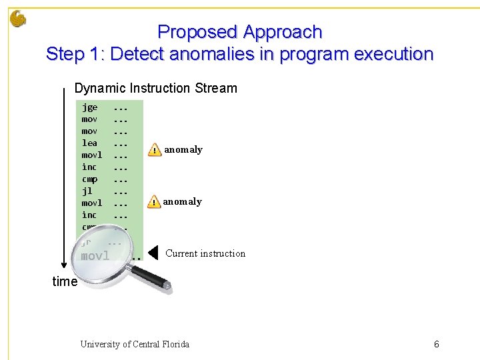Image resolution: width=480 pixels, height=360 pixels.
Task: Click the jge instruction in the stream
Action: click(89, 107)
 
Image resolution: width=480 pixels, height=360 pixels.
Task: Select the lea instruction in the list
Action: click(89, 143)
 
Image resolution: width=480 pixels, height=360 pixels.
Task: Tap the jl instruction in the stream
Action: click(87, 191)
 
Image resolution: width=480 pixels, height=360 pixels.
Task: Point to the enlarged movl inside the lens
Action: click(95, 256)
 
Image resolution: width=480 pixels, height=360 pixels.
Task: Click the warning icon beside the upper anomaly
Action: click(154, 150)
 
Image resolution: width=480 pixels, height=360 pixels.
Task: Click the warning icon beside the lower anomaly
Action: click(154, 202)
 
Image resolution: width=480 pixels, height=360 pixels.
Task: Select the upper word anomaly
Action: click(183, 150)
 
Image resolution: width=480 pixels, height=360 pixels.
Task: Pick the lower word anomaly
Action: click(182, 202)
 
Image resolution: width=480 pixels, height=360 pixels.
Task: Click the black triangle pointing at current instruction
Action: click(153, 253)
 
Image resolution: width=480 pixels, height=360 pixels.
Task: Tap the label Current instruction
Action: click(205, 253)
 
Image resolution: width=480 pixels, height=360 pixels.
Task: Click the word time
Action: click(65, 281)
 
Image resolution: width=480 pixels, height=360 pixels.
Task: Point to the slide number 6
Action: click(437, 345)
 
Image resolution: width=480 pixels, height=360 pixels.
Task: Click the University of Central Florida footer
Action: click(135, 345)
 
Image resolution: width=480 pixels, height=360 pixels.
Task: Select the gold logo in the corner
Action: click(18, 19)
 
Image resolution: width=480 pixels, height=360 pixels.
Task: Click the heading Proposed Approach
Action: click(240, 32)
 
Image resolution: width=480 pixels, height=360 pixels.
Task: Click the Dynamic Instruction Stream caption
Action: click(156, 88)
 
